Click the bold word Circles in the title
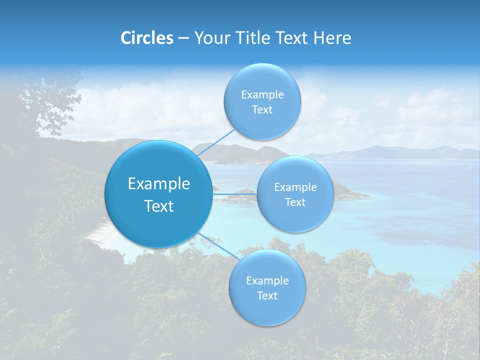click(x=146, y=38)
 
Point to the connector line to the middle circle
click(x=234, y=194)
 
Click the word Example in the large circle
click(x=159, y=184)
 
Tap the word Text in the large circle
click(x=159, y=206)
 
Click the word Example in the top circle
click(x=262, y=95)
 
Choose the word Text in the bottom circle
click(x=267, y=296)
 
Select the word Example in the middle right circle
click(x=295, y=187)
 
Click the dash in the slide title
click(x=183, y=38)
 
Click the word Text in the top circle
click(x=262, y=110)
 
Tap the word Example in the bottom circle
click(x=267, y=281)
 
